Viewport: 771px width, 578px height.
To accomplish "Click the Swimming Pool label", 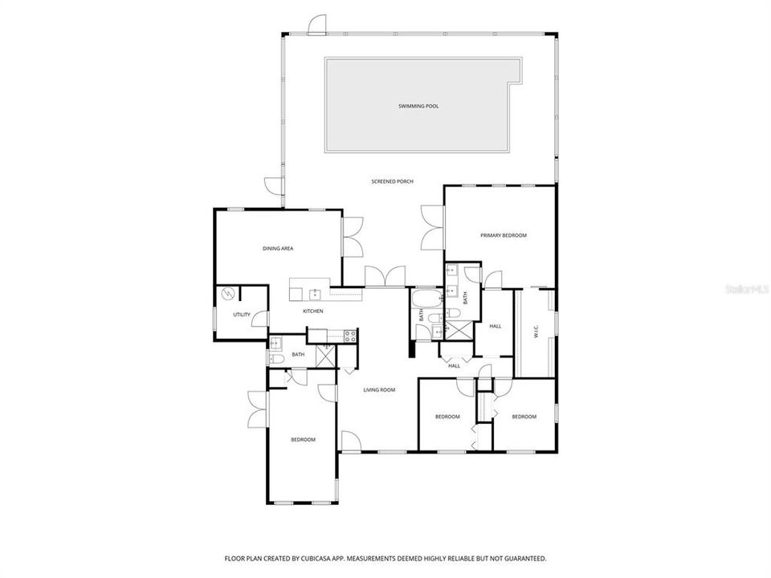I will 418,106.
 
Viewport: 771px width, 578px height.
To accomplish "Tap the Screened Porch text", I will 392,181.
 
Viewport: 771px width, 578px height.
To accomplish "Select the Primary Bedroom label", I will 504,235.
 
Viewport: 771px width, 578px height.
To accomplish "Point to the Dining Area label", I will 278,249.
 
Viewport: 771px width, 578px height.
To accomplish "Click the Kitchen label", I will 312,311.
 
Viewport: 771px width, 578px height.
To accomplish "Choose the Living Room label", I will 379,390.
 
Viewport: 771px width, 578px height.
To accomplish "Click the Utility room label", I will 241,315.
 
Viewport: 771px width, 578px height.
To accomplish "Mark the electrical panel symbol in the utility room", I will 228,294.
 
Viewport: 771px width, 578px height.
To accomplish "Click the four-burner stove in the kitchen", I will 350,336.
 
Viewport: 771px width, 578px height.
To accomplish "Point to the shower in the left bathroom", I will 325,354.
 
